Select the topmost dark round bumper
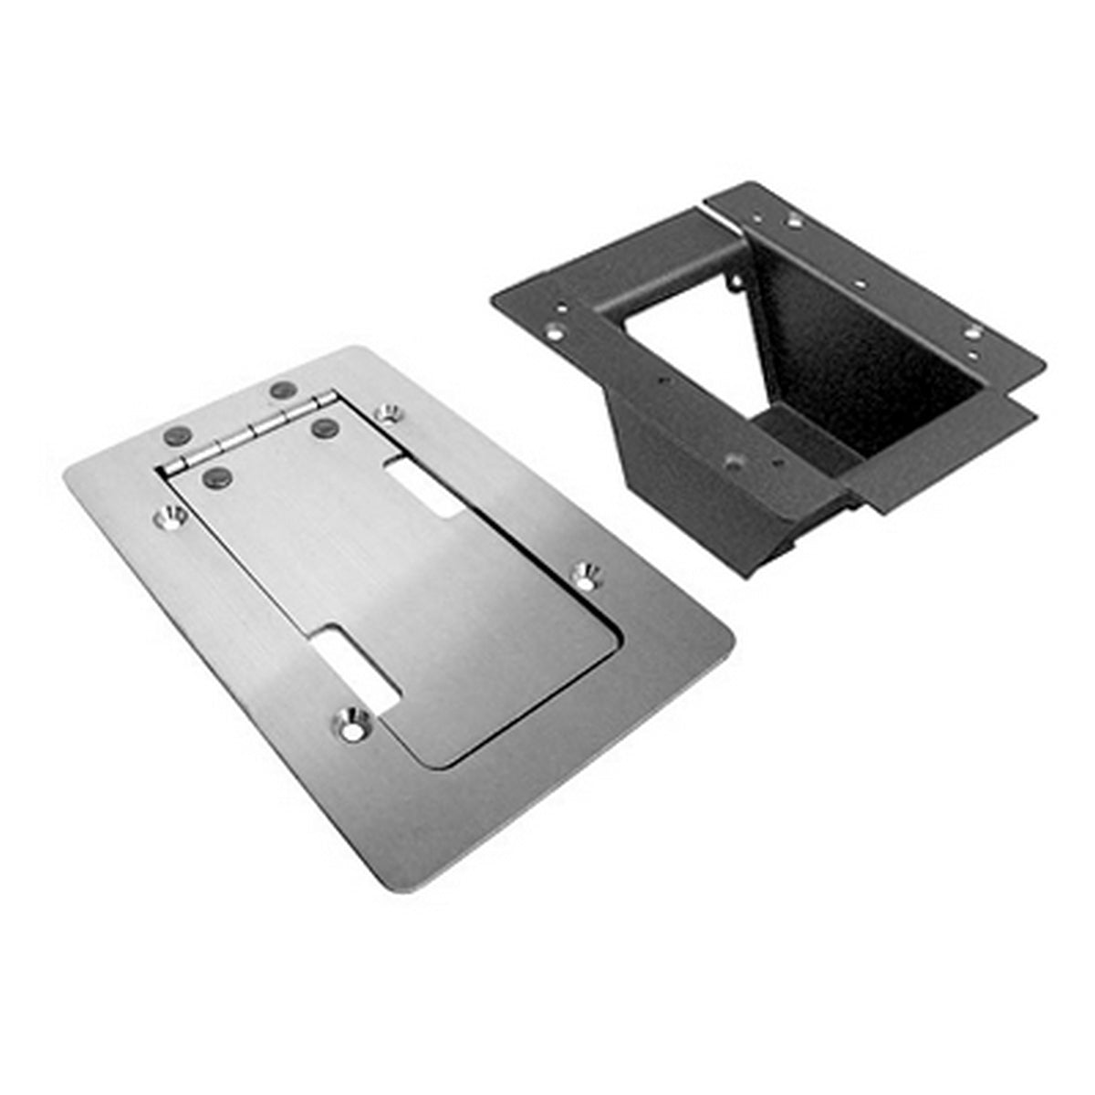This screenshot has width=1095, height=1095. (x=282, y=390)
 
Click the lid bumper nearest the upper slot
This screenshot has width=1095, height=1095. (x=323, y=426)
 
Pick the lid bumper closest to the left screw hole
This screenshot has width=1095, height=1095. (x=216, y=474)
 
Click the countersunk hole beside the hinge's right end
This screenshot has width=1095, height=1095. (x=391, y=413)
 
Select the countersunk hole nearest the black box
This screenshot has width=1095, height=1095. (x=585, y=575)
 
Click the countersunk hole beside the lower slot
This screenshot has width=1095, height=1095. (x=351, y=724)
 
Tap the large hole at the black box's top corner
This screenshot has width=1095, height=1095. (x=795, y=221)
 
